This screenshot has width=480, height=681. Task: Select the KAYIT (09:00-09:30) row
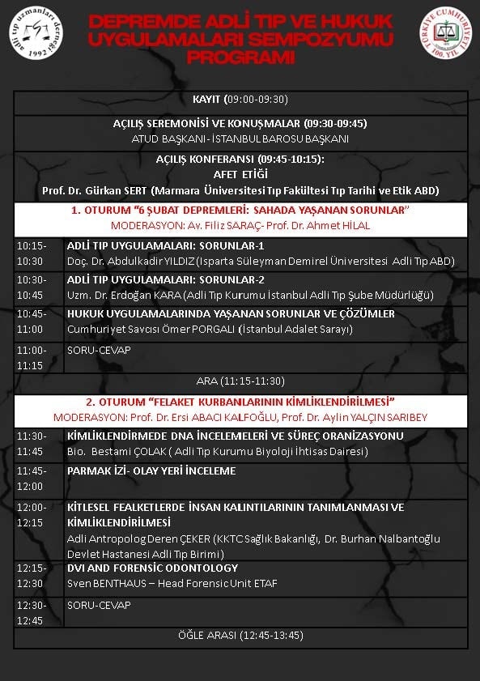point(240,100)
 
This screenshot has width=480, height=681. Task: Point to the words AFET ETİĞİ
point(240,174)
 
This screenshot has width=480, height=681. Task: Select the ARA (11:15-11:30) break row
point(240,381)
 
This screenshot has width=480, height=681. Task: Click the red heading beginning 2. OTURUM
point(240,402)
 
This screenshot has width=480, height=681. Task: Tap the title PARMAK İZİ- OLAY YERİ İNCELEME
point(151,470)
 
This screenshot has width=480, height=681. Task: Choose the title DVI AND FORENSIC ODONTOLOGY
point(152,568)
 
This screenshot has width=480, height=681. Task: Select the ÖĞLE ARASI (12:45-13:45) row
point(240,636)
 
